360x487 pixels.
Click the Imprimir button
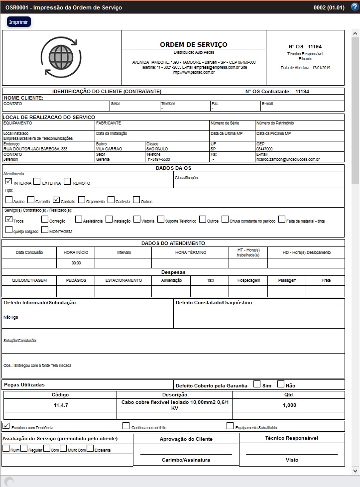(x=19, y=22)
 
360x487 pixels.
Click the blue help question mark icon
(x=355, y=7)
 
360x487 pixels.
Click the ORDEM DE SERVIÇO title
(x=193, y=45)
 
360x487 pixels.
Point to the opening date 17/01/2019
(x=321, y=68)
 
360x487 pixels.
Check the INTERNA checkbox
(x=8, y=182)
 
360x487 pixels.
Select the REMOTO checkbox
(x=68, y=182)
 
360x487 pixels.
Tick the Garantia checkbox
(x=31, y=200)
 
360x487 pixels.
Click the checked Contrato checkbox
(x=56, y=200)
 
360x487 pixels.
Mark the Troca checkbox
(x=9, y=219)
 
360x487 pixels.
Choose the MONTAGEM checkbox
(x=45, y=230)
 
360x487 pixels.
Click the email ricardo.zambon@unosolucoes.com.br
(x=288, y=159)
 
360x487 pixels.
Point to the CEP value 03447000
(x=264, y=149)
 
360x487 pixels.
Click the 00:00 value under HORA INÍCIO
(x=76, y=263)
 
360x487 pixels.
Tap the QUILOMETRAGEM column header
(x=29, y=280)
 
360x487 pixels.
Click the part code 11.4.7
(x=61, y=405)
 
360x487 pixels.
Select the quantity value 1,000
(x=289, y=405)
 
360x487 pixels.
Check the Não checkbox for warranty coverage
(x=281, y=384)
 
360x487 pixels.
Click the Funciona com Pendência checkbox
(x=6, y=426)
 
